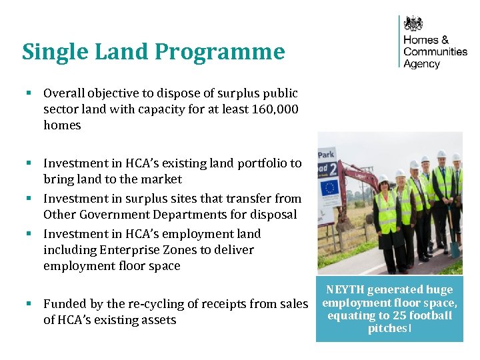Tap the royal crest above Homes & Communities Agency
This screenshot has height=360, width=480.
pos(414,24)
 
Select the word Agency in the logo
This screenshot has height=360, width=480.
pos(422,65)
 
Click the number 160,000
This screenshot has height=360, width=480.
pos(275,109)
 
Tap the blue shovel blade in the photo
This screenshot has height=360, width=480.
pos(455,248)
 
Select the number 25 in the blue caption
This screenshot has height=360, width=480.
pos(381,315)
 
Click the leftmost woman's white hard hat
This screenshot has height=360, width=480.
pos(383,178)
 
